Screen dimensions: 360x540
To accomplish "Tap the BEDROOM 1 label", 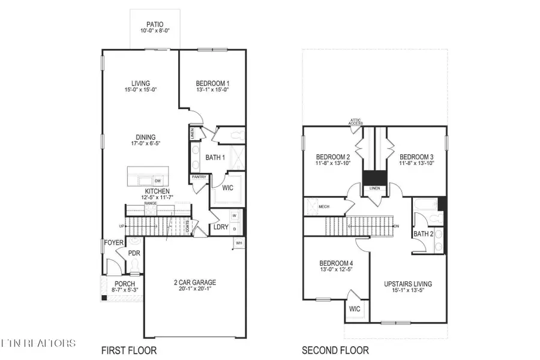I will pos(212,83).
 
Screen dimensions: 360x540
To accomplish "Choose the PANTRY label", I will pos(199,178).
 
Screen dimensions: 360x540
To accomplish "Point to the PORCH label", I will pos(125,284).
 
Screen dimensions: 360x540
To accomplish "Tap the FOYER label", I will pos(113,242).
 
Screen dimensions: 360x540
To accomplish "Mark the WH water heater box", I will pos(238,242).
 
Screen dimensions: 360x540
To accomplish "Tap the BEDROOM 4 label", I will pos(336,263).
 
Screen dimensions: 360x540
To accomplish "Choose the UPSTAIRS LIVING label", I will pos(408,283).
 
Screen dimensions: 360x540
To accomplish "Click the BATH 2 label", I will pos(423,233).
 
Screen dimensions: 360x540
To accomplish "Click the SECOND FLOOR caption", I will pos(335,350).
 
